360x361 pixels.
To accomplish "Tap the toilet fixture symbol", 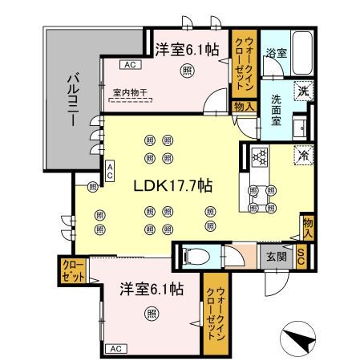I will [x=189, y=257].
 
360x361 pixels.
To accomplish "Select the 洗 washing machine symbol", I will [x=303, y=91].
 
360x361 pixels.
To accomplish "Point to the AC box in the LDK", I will [x=110, y=170].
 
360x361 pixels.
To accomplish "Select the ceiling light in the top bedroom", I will [x=187, y=71].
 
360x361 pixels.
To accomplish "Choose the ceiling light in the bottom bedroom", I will [x=151, y=314].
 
